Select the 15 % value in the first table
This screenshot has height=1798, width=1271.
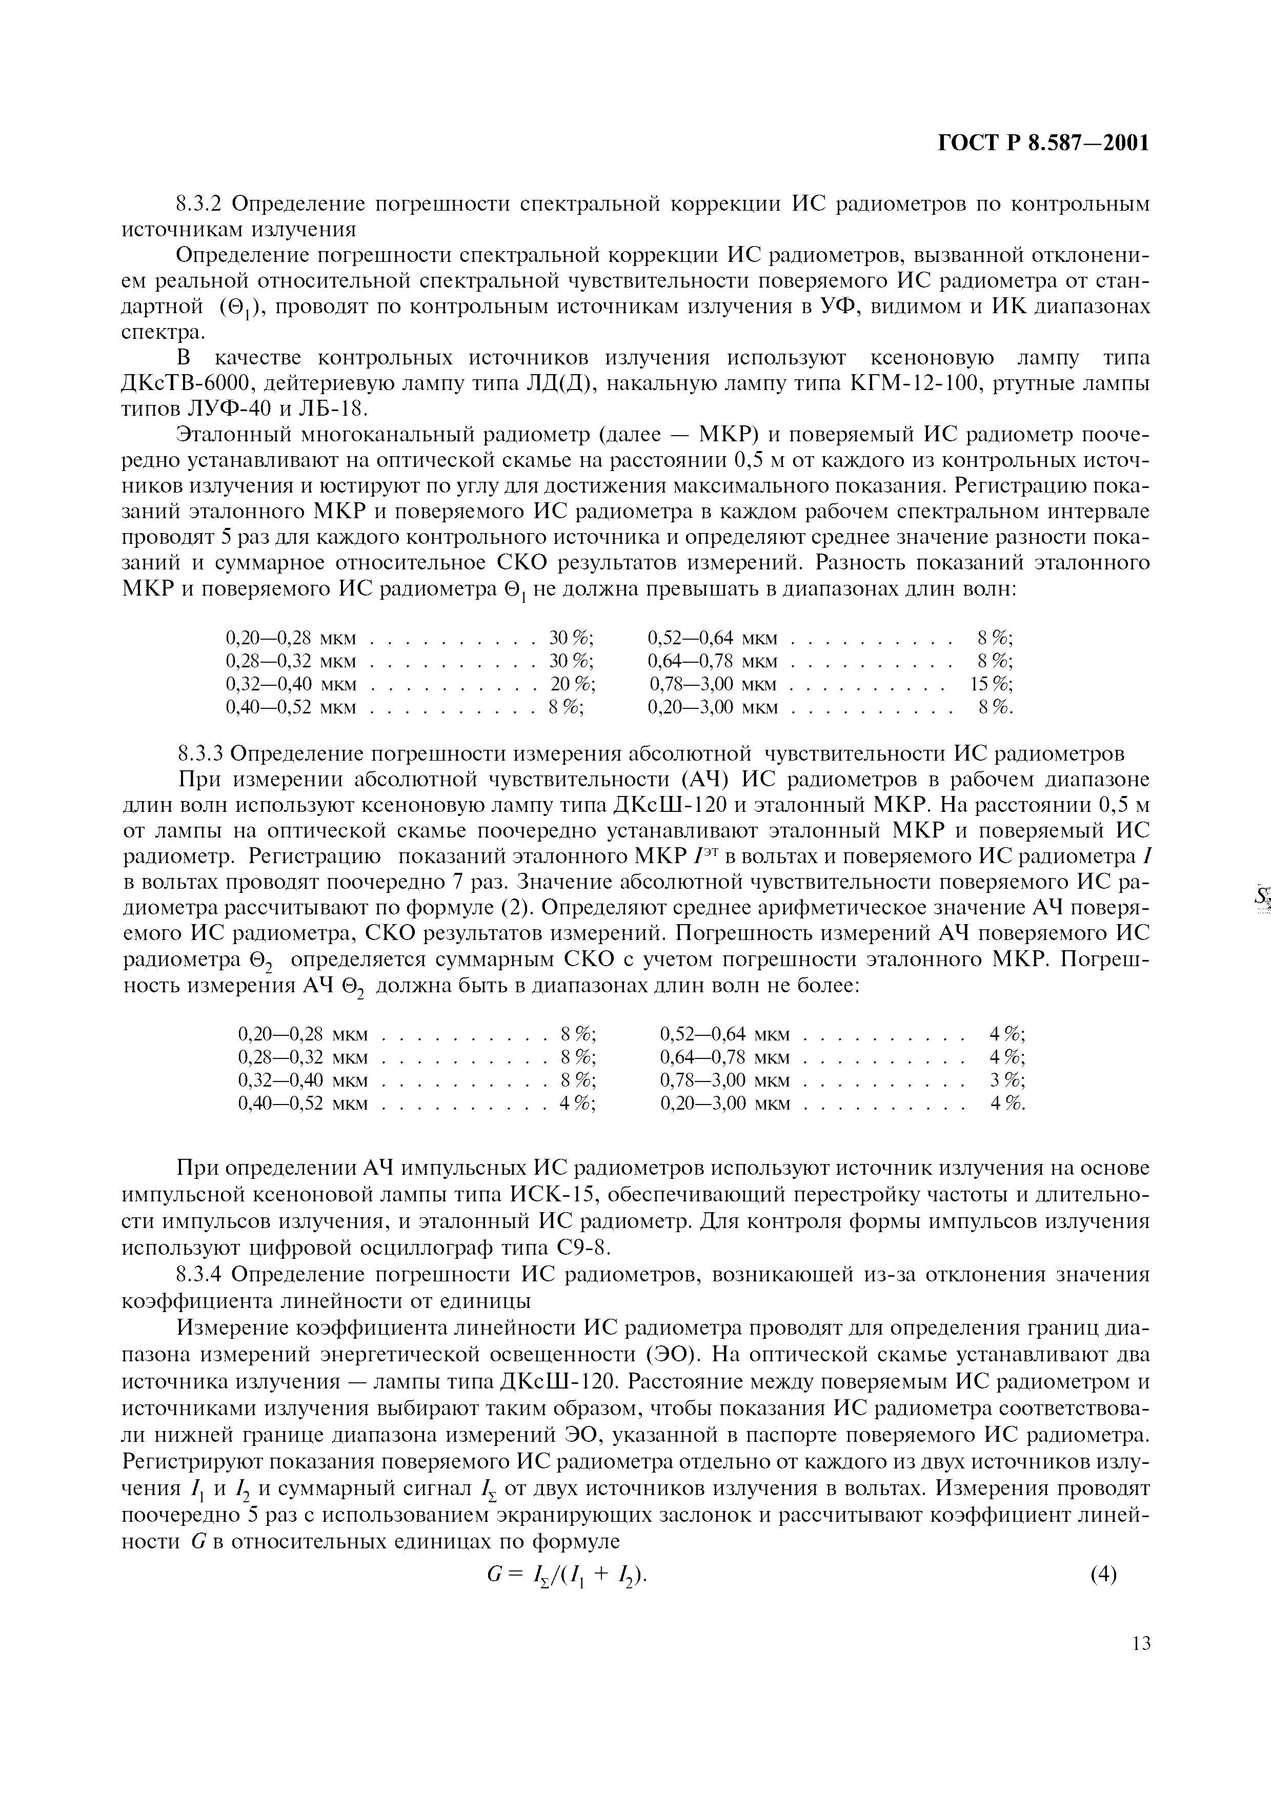991,684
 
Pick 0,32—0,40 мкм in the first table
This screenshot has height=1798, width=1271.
291,684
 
